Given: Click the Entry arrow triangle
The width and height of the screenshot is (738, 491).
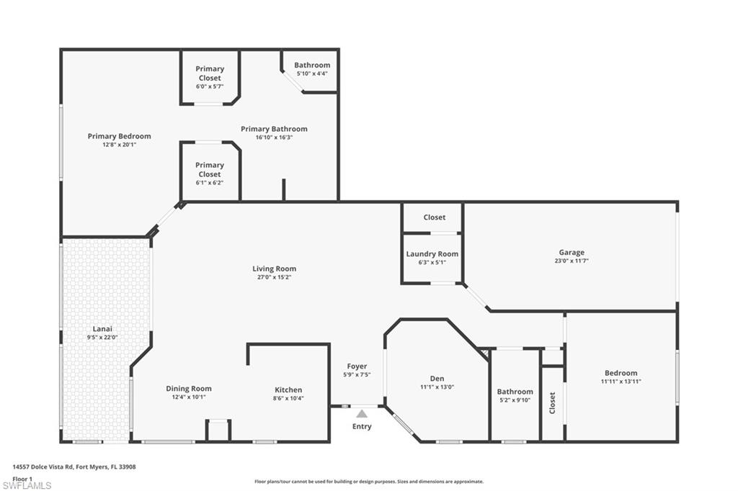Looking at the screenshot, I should click(362, 413).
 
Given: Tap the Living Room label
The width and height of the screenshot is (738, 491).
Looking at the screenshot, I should click(274, 269).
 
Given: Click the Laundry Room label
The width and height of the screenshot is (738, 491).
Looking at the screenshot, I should click(432, 253).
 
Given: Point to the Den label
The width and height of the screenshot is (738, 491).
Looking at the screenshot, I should click(437, 379).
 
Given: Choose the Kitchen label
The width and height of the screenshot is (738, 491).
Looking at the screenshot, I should click(288, 389).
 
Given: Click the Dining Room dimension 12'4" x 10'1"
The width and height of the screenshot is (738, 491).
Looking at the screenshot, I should click(189, 397).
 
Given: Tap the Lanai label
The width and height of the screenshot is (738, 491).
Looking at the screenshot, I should click(102, 328).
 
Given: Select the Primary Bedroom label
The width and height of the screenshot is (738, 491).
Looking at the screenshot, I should click(120, 136).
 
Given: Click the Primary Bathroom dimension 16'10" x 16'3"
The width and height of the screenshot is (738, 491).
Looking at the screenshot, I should click(274, 138).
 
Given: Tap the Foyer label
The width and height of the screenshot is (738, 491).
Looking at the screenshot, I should click(357, 366).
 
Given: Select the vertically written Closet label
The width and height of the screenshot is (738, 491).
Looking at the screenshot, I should click(553, 402).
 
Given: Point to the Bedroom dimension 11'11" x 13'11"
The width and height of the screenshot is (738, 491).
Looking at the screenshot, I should click(621, 382).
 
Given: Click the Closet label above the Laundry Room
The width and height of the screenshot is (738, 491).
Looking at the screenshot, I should click(435, 217).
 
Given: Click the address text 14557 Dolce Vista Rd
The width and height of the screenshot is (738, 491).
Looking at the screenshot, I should click(61, 467).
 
